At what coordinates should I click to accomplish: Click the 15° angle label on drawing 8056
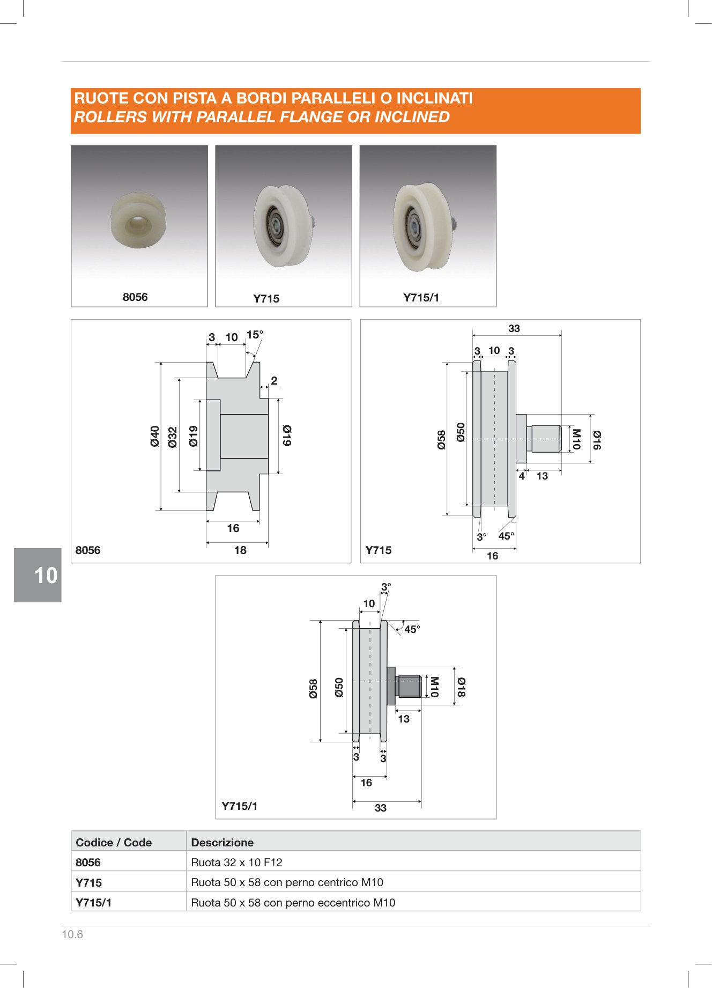pos(255,335)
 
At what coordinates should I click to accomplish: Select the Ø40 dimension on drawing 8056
pos(155,436)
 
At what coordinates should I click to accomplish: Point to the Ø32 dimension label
pos(172,437)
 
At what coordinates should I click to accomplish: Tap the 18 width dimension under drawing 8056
pos(240,550)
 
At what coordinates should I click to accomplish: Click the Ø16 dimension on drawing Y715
pos(597,440)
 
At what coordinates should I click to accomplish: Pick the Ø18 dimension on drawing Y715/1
pos(461,687)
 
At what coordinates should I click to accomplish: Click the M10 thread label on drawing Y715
pos(576,439)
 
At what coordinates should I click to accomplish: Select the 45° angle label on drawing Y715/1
pos(412,629)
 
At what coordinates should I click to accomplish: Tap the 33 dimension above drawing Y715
pos(514,328)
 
